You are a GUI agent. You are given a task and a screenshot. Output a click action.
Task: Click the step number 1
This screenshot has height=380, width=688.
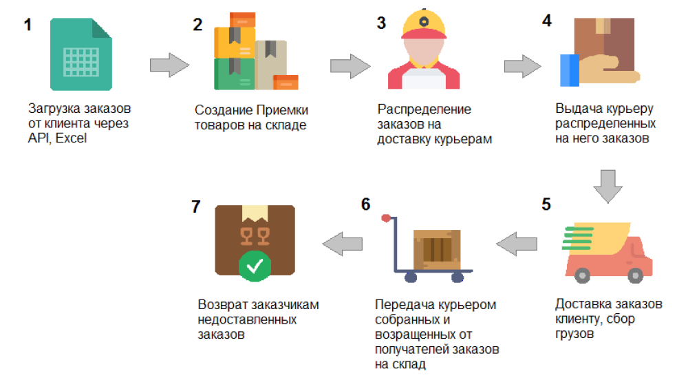coord(28,25)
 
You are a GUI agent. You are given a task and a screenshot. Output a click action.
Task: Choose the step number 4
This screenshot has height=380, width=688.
coord(547,21)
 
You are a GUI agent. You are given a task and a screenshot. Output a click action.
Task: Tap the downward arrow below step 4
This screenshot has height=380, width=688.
coord(608,185)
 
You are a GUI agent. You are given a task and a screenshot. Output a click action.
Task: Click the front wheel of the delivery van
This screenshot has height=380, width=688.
coord(583,275)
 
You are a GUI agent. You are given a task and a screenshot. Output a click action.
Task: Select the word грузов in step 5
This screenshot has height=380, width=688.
coord(574,335)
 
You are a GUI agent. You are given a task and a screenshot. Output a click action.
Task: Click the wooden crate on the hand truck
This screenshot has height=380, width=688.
coord(436,247)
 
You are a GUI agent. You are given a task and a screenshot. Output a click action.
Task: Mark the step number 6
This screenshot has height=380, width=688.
coord(365,204)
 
